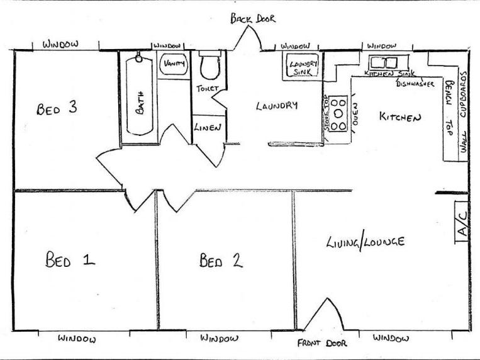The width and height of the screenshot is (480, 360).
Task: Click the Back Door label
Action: coord(252,19)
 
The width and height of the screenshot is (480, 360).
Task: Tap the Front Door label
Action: coord(323,344)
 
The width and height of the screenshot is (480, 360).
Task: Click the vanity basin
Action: coord(173,64)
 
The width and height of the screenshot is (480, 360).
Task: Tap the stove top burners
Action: coord(339,113)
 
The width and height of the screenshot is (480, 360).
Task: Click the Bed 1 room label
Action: coord(70,259)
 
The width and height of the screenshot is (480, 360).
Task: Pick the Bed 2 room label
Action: coord(221,260)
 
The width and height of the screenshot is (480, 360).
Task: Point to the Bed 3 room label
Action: coord(57,108)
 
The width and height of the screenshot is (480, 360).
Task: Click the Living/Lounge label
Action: coord(365,242)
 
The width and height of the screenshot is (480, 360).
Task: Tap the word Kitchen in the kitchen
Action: coord(399,117)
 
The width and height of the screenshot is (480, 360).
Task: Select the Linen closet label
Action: coord(207,128)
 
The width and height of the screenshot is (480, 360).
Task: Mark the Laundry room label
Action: coord(276,106)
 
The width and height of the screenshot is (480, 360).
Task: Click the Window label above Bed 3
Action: coord(60,44)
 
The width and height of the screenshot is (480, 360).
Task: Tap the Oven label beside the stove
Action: coord(354,113)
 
